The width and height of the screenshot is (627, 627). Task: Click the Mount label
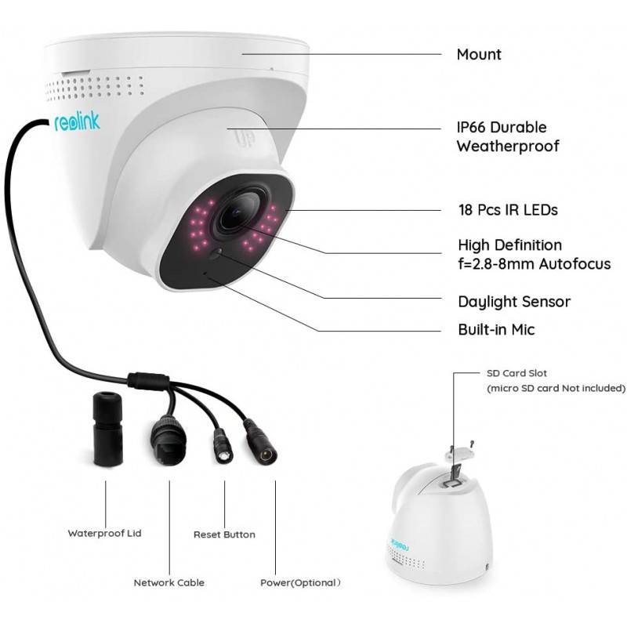click(x=479, y=54)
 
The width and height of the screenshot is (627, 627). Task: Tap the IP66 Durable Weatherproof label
click(x=508, y=136)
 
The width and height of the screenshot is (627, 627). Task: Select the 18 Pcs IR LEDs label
click(x=508, y=210)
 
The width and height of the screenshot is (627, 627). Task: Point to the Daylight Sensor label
click(x=514, y=302)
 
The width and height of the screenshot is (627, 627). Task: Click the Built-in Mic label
click(x=496, y=329)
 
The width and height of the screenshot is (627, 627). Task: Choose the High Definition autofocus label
click(x=535, y=254)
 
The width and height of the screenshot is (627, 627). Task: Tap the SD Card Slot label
click(x=516, y=373)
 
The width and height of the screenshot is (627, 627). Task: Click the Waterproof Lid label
click(x=104, y=534)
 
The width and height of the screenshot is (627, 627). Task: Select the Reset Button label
click(x=224, y=535)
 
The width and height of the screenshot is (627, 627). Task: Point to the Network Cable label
click(x=169, y=582)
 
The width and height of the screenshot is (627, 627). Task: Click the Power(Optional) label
click(x=300, y=582)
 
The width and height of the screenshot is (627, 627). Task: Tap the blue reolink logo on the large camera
click(x=77, y=122)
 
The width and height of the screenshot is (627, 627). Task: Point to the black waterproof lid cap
click(x=107, y=429)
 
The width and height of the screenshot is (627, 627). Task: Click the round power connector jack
click(x=261, y=443)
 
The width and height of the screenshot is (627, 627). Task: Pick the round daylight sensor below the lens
click(x=216, y=252)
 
